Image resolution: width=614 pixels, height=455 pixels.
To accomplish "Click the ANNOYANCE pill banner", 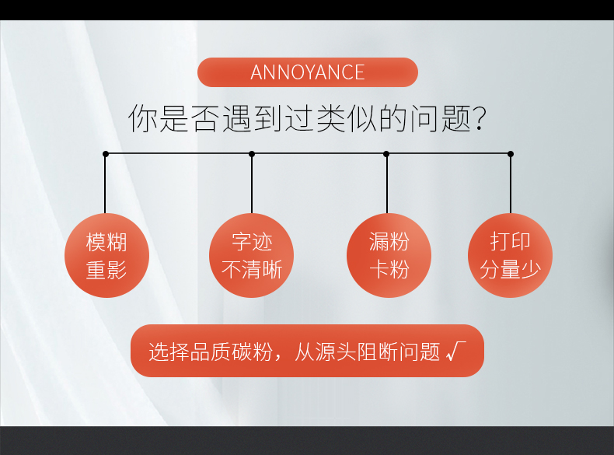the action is (308, 72).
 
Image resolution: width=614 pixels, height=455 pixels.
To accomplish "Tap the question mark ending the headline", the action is (480, 118).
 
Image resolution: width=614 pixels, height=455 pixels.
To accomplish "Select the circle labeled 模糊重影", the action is (106, 256).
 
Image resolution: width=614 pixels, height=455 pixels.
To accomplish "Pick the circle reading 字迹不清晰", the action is (251, 256).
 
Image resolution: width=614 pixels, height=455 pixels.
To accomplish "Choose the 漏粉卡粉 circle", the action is (389, 256).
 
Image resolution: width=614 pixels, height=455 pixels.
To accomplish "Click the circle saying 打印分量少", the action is (510, 256).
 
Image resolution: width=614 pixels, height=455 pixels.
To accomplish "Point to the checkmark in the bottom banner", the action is (456, 351).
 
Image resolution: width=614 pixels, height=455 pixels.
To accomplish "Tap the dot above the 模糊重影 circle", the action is (106, 154).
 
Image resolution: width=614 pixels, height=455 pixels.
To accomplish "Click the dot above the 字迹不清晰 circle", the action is (252, 154).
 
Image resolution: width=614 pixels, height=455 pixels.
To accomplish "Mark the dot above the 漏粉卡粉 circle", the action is (386, 154).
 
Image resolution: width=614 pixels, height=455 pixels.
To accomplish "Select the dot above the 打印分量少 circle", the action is (511, 154).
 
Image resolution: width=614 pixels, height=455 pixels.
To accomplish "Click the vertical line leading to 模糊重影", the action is (105, 184).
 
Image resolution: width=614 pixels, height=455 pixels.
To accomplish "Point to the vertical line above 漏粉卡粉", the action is (387, 184).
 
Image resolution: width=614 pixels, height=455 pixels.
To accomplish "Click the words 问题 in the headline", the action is (440, 118).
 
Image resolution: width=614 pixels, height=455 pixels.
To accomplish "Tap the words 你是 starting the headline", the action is (159, 118).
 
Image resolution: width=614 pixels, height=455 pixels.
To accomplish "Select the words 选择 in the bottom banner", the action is (169, 351).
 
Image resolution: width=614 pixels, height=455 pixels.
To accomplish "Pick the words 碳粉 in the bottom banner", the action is (252, 351).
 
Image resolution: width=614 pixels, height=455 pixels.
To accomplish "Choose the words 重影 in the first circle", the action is (106, 270).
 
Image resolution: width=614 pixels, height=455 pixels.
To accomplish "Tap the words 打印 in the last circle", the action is (510, 241).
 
